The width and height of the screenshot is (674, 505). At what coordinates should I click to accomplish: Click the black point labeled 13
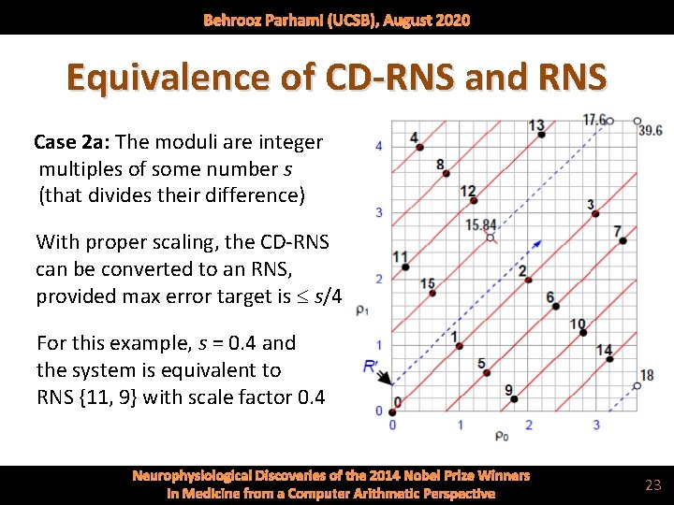click(x=541, y=135)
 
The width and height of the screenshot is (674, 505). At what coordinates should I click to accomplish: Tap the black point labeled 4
click(x=418, y=148)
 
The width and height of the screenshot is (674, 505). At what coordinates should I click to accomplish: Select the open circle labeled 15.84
click(x=491, y=238)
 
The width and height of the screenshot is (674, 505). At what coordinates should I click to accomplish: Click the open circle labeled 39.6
click(x=637, y=122)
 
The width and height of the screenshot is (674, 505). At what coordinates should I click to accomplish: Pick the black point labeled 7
click(x=623, y=241)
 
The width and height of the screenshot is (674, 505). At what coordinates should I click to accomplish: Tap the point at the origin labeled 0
click(x=391, y=410)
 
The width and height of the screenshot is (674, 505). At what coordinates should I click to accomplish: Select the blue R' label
click(x=372, y=367)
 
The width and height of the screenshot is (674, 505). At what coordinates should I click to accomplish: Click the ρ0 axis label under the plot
click(x=502, y=436)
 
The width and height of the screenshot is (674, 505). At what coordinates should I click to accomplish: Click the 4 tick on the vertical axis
click(x=378, y=146)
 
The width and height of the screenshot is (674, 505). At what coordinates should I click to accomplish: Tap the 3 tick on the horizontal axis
click(x=596, y=425)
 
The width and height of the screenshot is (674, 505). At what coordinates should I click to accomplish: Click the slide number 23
click(x=652, y=484)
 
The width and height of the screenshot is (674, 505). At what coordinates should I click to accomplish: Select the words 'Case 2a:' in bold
click(x=69, y=142)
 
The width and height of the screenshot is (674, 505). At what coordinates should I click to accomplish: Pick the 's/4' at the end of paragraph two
click(x=327, y=297)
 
